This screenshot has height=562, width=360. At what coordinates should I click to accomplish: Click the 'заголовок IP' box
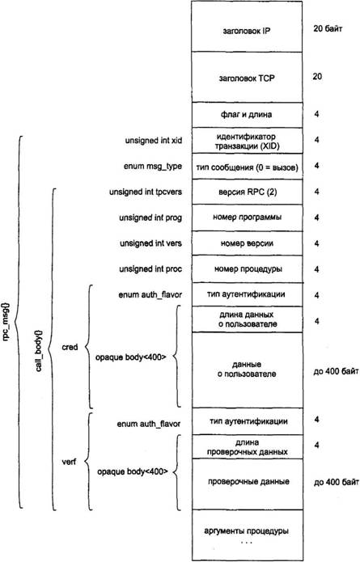coord(247,26)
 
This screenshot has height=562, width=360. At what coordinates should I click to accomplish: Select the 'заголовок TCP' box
coord(247,77)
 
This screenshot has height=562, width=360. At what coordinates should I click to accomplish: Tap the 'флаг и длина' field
coord(247,115)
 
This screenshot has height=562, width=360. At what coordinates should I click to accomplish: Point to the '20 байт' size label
coord(328,28)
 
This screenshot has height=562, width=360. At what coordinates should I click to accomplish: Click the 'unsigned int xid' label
coord(154,141)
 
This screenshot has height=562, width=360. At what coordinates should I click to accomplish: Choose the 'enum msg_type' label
coord(153,167)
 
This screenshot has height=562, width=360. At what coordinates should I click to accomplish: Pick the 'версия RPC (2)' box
coord(247,192)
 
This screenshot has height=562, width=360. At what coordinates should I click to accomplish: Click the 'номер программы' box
coord(247,218)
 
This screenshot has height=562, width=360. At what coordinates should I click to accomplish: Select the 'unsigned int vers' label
coord(150,243)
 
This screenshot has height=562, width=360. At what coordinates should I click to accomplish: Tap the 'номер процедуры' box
coord(247,268)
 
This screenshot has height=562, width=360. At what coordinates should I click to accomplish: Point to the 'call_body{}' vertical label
coord(39,350)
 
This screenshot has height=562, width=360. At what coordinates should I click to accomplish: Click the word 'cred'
coord(70,347)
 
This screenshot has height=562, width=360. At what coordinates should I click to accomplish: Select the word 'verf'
coord(69,462)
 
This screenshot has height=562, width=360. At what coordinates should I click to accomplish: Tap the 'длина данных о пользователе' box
coord(247,319)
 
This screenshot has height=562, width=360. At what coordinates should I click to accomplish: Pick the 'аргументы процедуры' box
coord(247,535)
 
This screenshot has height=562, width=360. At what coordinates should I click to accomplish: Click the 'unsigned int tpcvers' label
coord(146,192)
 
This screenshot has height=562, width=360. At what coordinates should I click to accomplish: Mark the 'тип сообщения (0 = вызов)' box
coord(247,167)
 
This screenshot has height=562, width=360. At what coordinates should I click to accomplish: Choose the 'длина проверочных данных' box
coord(247,446)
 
